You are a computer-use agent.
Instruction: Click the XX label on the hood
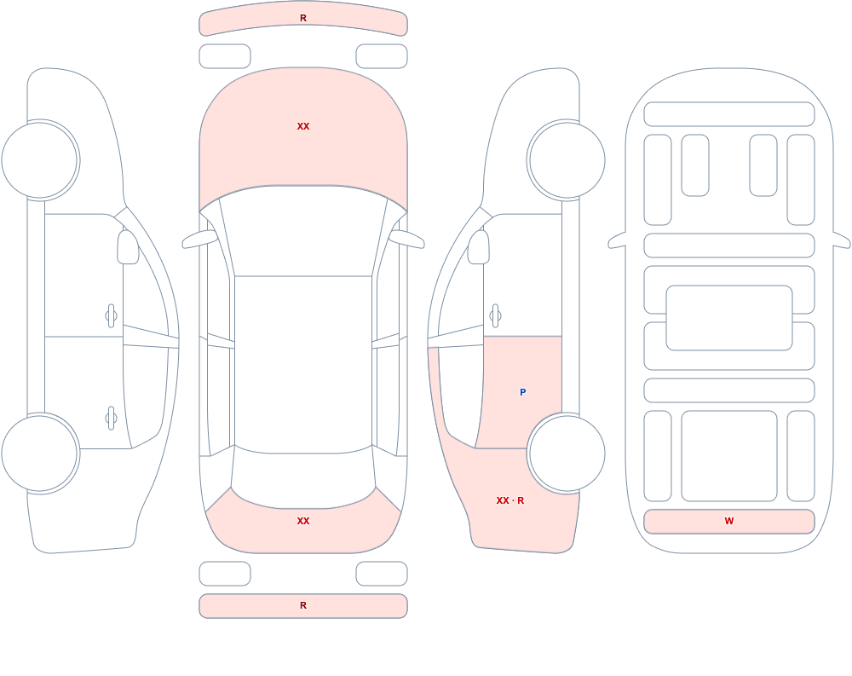[303, 126]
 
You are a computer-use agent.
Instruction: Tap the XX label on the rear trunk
[303, 521]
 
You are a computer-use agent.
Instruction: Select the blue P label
[523, 392]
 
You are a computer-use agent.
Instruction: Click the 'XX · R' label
[510, 500]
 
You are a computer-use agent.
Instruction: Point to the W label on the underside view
[729, 521]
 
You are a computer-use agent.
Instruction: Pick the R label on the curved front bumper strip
[303, 19]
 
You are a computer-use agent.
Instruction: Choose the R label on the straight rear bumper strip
[303, 605]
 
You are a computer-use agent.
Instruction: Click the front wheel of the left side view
[40, 160]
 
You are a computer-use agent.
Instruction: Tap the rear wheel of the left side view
[40, 453]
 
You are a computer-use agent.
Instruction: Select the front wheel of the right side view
[567, 160]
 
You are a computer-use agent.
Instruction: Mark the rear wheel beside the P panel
[567, 453]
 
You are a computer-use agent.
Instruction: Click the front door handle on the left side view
[112, 316]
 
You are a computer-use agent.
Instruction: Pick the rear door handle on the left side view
[112, 419]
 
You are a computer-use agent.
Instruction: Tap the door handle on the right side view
[495, 316]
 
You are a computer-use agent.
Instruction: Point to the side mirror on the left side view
[129, 247]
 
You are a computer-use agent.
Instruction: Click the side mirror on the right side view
[479, 247]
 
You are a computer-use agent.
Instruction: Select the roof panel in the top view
[303, 363]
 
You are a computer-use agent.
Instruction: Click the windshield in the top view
[303, 231]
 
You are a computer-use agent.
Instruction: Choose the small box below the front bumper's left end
[225, 56]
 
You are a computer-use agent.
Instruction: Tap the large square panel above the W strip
[729, 456]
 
